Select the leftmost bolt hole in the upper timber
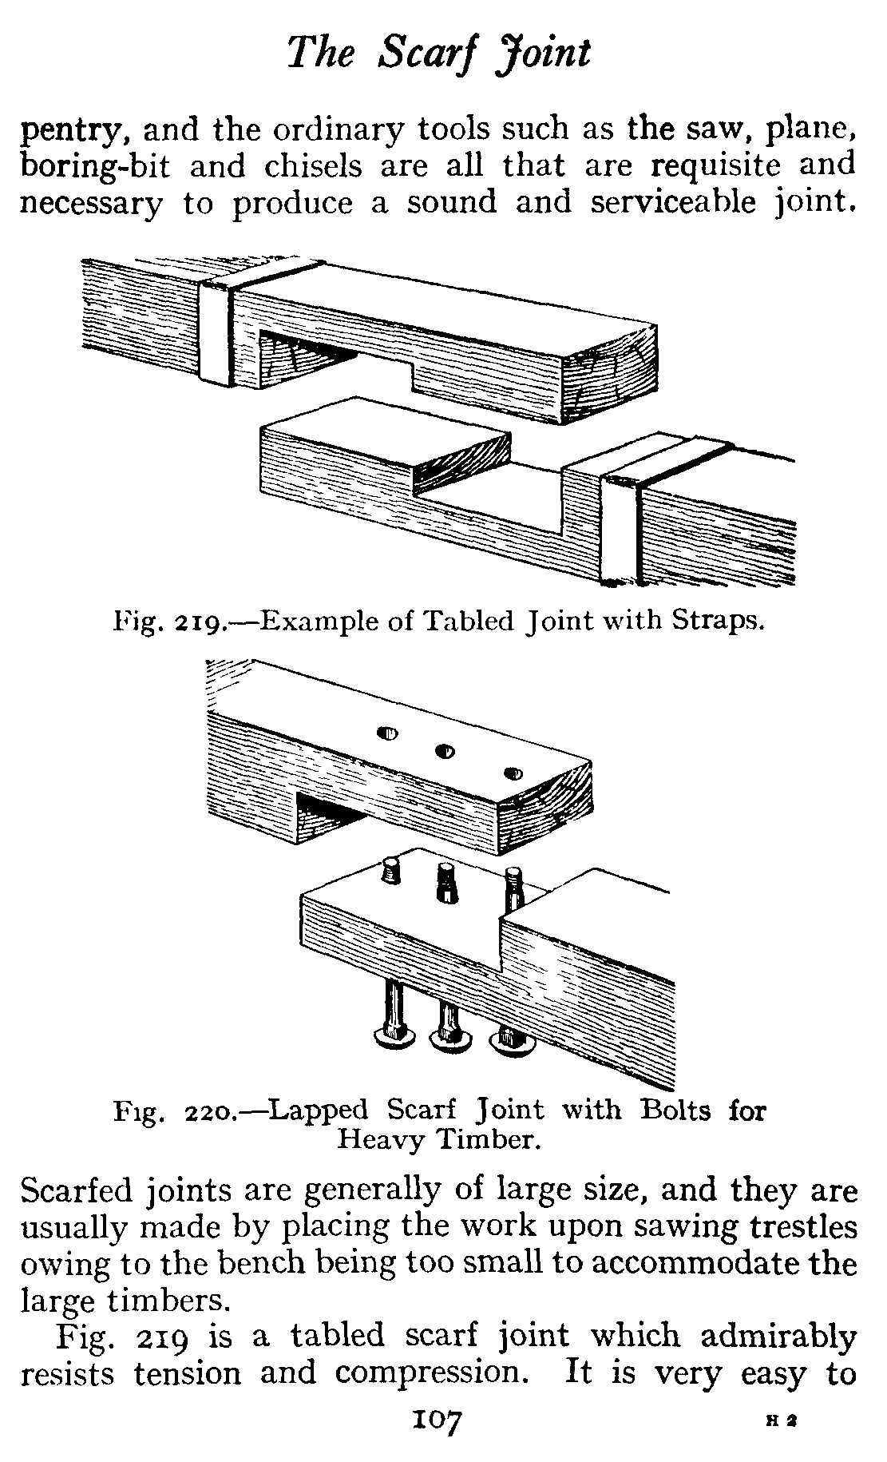tap(388, 734)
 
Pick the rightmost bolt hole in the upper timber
tap(514, 773)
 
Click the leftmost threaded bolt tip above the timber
tap(391, 868)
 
